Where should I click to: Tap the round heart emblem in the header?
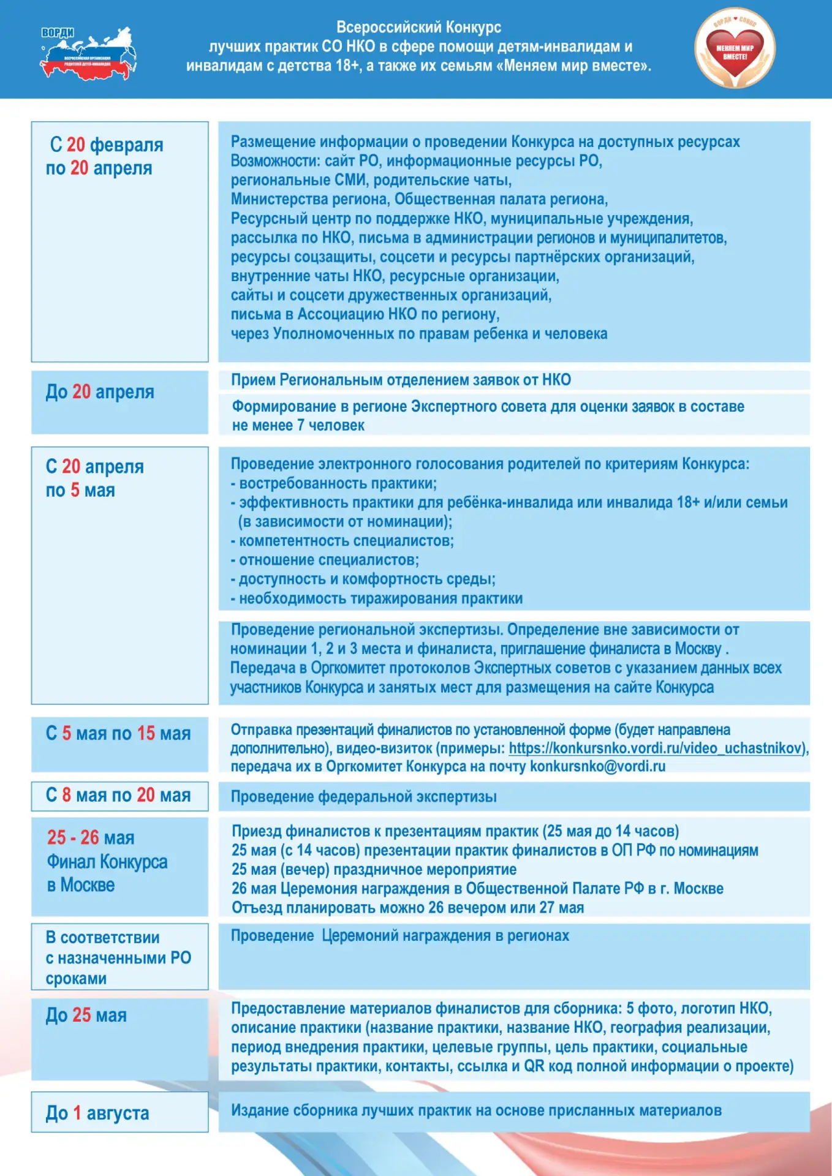click(x=735, y=48)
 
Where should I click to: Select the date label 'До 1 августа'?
click(x=97, y=1113)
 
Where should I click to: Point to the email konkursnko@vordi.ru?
click(x=597, y=766)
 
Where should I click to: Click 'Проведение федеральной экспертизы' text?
click(x=363, y=797)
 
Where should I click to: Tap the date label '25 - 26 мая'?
click(x=91, y=837)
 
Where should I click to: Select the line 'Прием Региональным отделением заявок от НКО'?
click(x=401, y=380)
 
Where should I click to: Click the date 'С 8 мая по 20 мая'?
click(x=118, y=795)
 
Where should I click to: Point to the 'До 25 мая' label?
click(x=86, y=1016)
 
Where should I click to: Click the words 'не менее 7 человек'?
click(x=298, y=425)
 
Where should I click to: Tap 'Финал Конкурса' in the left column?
click(x=107, y=862)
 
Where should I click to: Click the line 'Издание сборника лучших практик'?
click(x=476, y=1110)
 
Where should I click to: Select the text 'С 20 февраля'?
click(x=107, y=145)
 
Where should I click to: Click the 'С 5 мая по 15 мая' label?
click(x=118, y=733)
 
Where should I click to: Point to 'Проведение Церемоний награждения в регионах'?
click(x=400, y=936)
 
